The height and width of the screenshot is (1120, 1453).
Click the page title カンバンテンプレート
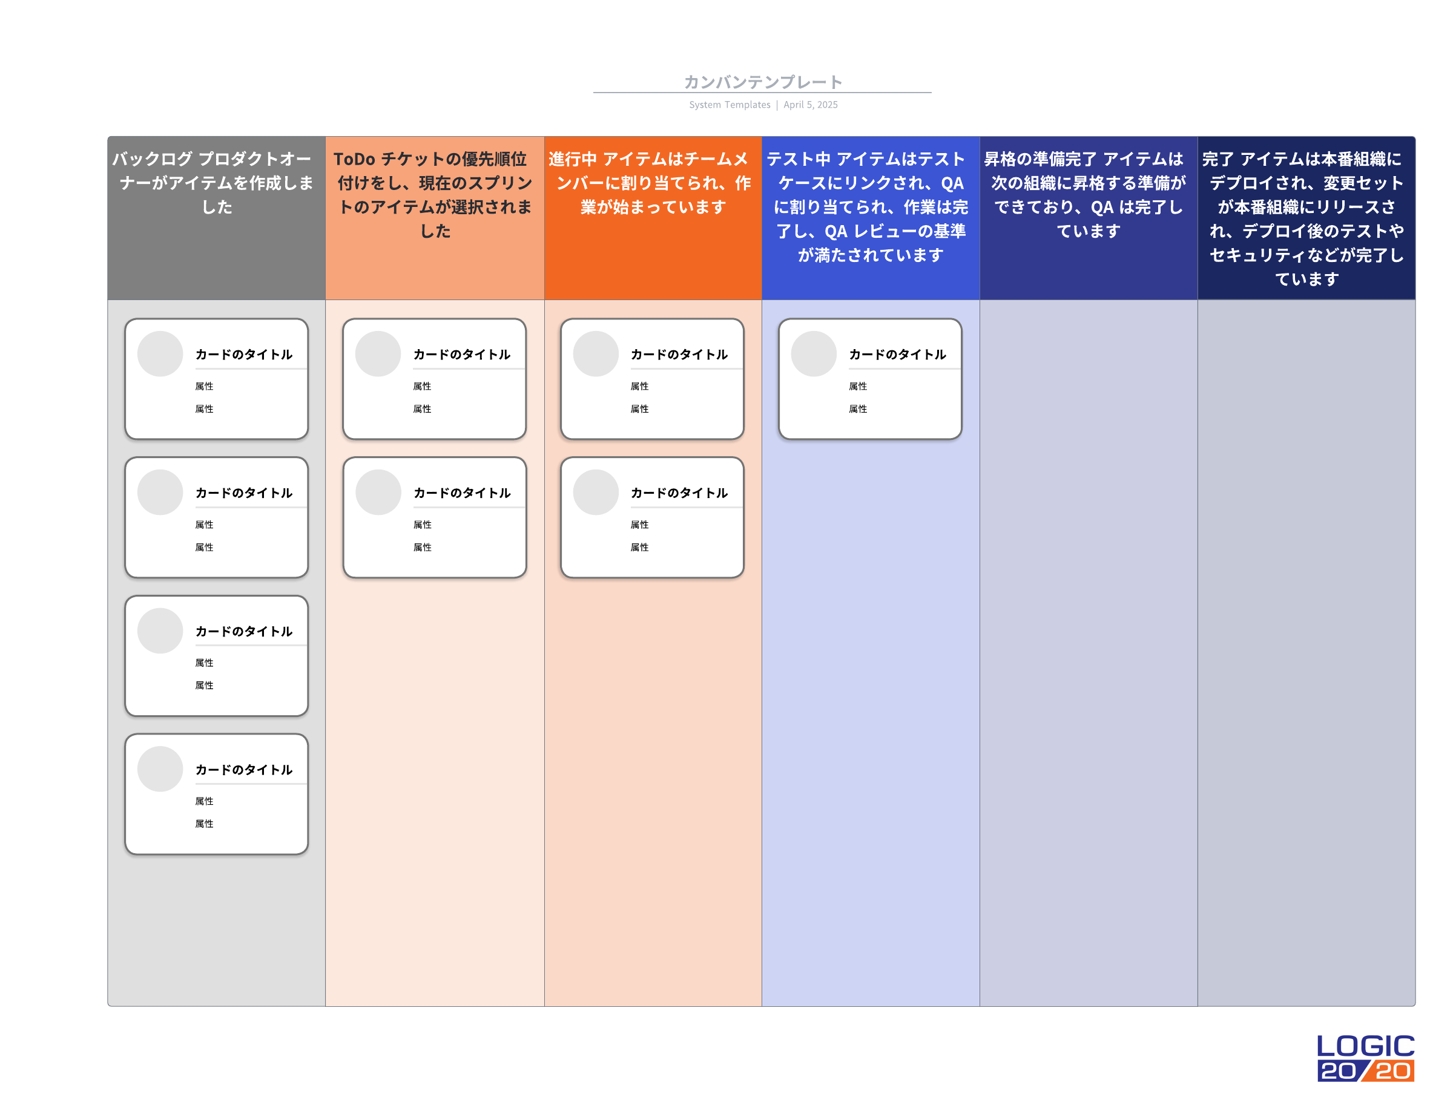click(762, 82)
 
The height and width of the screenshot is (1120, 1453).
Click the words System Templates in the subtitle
click(729, 105)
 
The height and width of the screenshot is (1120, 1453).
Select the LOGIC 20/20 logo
click(1365, 1058)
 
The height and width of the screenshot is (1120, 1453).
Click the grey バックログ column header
click(216, 218)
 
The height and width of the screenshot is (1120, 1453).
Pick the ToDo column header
click(435, 218)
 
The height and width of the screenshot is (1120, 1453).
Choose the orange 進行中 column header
click(653, 218)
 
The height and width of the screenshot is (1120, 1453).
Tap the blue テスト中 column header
click(870, 218)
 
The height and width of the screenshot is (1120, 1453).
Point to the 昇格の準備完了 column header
click(1089, 218)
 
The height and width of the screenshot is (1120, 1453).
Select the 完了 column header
click(1306, 218)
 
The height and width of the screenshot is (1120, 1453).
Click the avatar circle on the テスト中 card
click(814, 354)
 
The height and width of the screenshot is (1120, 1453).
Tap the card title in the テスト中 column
click(897, 355)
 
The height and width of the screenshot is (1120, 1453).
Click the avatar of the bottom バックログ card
click(160, 769)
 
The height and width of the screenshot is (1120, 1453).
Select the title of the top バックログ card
click(244, 355)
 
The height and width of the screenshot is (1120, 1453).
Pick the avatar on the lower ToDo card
click(378, 492)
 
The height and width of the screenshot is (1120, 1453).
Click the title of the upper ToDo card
click(462, 355)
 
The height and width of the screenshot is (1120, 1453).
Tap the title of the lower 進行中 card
click(679, 493)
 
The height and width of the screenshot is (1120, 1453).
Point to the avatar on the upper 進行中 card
click(596, 354)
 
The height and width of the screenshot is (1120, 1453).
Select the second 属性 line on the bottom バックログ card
click(204, 824)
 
